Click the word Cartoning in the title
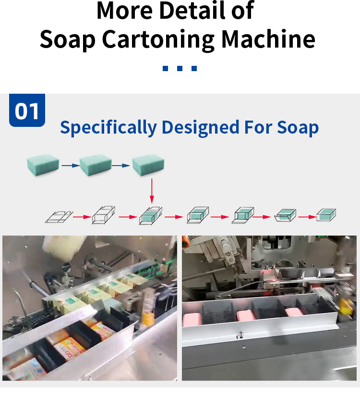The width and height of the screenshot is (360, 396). [158, 40]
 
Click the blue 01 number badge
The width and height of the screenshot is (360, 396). [27, 110]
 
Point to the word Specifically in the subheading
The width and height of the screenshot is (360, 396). [108, 128]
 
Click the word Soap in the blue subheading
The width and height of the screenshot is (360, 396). [298, 128]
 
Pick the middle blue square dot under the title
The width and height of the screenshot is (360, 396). [180, 68]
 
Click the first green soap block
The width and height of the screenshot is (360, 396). [43, 165]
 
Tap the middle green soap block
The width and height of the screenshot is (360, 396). [96, 165]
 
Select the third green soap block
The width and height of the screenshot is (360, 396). [148, 165]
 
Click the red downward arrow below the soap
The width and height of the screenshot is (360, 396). [152, 191]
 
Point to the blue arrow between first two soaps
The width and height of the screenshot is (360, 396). [71, 165]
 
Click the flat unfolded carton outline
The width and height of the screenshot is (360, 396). [59, 217]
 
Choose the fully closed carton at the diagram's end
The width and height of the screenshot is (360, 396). [326, 215]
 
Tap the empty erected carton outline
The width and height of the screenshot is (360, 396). [104, 215]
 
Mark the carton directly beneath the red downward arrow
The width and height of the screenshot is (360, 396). [151, 216]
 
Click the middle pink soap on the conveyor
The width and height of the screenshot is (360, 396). [246, 315]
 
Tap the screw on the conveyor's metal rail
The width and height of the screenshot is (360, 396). [240, 335]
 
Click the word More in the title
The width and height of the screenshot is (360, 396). [125, 11]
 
